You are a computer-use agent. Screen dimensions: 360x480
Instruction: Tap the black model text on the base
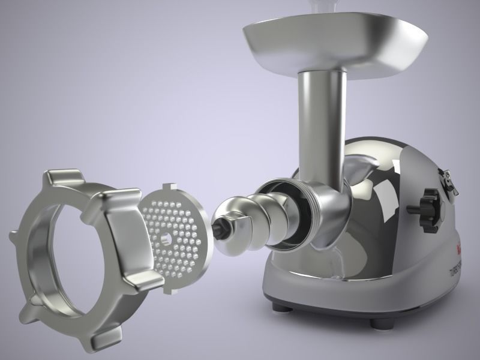pos(458,274)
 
